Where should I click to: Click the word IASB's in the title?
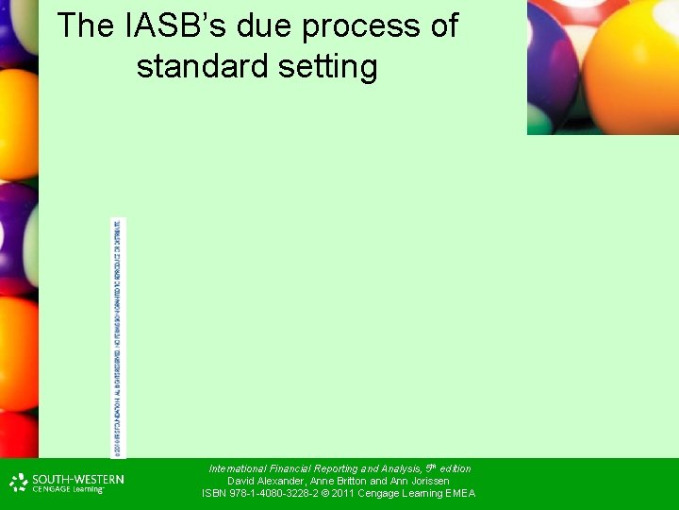174,26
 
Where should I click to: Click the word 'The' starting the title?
86,26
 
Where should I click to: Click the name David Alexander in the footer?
264,481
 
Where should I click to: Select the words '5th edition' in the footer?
448,468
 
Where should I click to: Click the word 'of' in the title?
442,26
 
